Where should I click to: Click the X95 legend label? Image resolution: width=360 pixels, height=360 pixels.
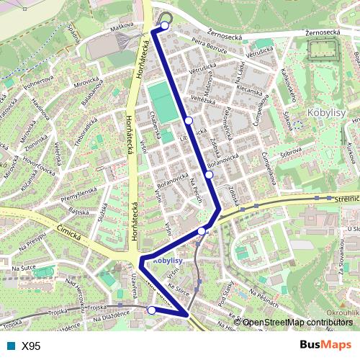point(31,346)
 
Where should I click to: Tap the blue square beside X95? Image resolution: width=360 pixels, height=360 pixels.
point(11,346)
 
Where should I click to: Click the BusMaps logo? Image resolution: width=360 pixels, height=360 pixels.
point(325,345)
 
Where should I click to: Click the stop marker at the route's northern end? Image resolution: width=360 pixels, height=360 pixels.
point(165,26)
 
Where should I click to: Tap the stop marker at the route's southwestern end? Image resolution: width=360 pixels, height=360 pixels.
point(151,310)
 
